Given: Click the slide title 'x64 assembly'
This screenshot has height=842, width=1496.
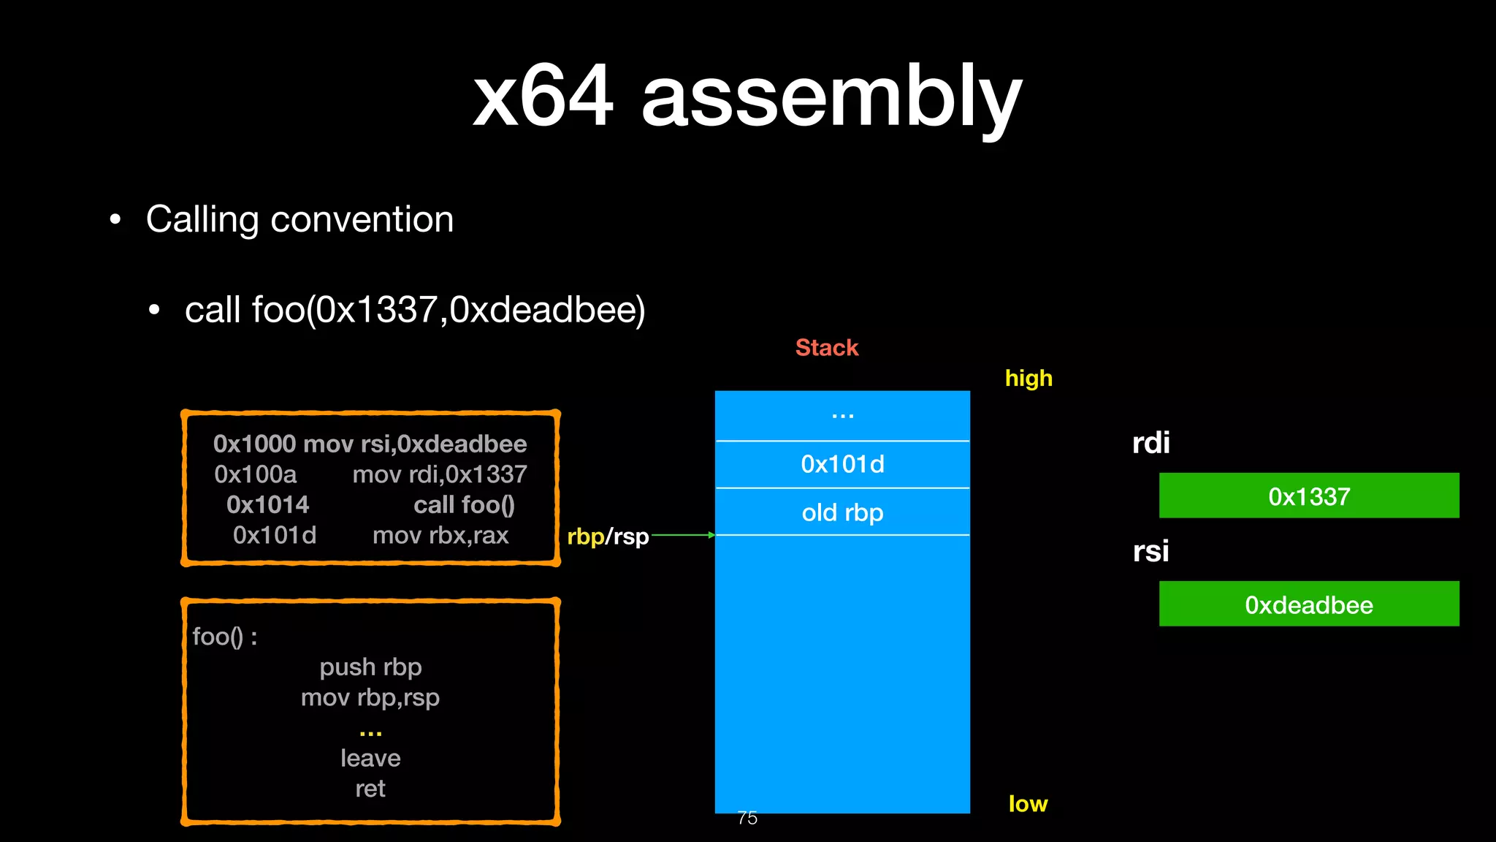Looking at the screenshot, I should tap(747, 96).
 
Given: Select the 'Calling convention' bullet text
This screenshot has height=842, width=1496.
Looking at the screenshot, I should tap(299, 219).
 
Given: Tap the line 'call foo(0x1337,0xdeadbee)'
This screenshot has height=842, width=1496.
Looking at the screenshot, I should tap(414, 309).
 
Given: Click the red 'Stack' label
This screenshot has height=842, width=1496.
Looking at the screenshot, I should tap(826, 347).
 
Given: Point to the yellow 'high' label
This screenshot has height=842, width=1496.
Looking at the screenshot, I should tap(1028, 378).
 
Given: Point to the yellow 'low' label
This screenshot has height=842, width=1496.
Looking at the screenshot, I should tap(1027, 803).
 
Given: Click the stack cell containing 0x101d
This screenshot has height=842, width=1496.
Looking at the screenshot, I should tap(842, 464).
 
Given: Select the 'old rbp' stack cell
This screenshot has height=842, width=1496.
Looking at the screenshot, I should tap(842, 512).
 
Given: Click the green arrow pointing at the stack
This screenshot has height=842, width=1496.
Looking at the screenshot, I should tap(683, 535).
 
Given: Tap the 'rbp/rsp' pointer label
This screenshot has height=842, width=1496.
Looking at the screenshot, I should tap(608, 536).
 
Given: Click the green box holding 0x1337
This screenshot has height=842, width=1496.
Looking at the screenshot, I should tap(1308, 496).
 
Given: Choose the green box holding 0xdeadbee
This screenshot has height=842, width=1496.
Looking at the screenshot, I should tap(1308, 604).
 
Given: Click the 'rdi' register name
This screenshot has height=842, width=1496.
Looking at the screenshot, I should tap(1150, 443).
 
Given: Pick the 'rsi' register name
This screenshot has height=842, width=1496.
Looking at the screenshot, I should tap(1150, 551).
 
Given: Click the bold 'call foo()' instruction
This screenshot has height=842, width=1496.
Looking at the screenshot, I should tap(464, 504).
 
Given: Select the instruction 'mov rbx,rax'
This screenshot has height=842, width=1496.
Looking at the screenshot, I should tap(440, 535).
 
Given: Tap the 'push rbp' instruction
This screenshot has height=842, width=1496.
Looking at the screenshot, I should tap(370, 667).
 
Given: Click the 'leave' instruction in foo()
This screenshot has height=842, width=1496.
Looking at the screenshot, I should tap(370, 758).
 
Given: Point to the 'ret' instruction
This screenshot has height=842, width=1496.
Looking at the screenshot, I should tap(370, 789).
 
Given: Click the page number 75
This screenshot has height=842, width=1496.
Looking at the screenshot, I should tap(747, 818).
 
